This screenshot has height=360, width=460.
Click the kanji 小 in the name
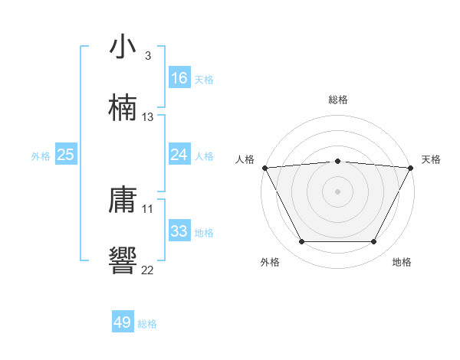click(123, 47)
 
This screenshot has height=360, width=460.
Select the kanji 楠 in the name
click(123, 107)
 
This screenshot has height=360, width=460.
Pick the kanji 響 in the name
click(123, 260)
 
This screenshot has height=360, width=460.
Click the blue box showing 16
click(179, 77)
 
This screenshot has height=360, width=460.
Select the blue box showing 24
click(179, 155)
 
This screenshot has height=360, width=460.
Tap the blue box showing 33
click(179, 231)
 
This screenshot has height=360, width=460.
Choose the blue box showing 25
click(66, 155)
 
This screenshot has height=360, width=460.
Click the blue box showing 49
click(123, 322)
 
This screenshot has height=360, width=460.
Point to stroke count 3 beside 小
click(147, 56)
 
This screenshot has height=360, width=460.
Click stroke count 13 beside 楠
click(148, 117)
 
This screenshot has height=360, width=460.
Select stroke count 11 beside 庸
click(148, 208)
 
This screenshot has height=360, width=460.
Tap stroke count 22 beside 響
click(148, 269)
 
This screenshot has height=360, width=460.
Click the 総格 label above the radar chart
click(337, 100)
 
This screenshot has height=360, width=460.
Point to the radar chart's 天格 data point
click(411, 167)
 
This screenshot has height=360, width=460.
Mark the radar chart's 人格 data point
click(264, 167)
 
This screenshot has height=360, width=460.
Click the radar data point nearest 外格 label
click(301, 242)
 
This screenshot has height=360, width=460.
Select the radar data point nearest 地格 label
click(373, 242)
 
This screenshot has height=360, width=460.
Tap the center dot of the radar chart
click(337, 191)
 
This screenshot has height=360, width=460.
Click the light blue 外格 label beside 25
click(41, 155)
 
